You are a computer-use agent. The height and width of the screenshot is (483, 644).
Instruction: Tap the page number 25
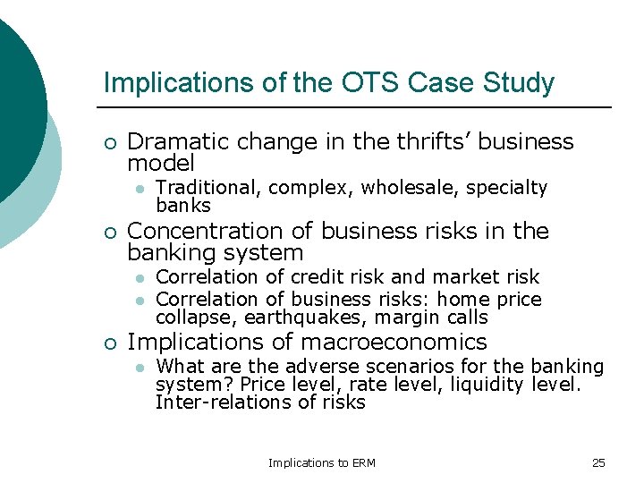pos(598,462)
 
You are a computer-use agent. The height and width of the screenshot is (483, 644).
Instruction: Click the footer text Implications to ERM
pos(322,462)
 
